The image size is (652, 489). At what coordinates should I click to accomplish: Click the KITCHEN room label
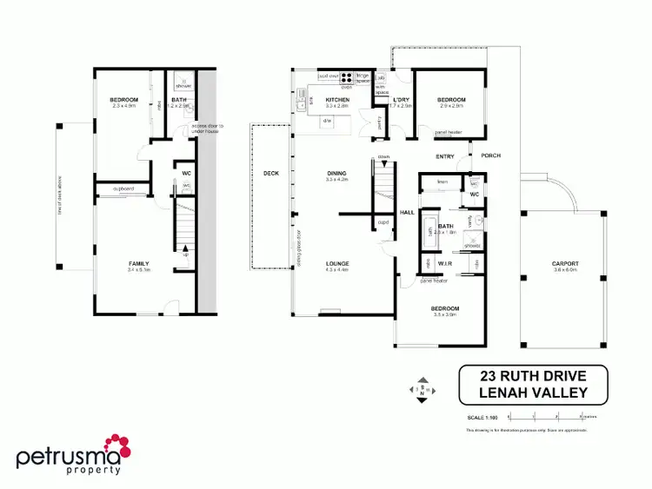(336, 102)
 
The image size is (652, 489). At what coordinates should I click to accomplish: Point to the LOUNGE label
(336, 264)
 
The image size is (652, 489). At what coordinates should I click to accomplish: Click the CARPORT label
(564, 264)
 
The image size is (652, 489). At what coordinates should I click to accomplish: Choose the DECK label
(270, 173)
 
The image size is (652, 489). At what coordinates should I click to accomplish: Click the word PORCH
(490, 156)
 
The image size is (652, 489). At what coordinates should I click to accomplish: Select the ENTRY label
(445, 156)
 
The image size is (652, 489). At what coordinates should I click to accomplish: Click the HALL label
(406, 211)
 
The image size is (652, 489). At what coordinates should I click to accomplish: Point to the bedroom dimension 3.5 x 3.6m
(444, 315)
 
